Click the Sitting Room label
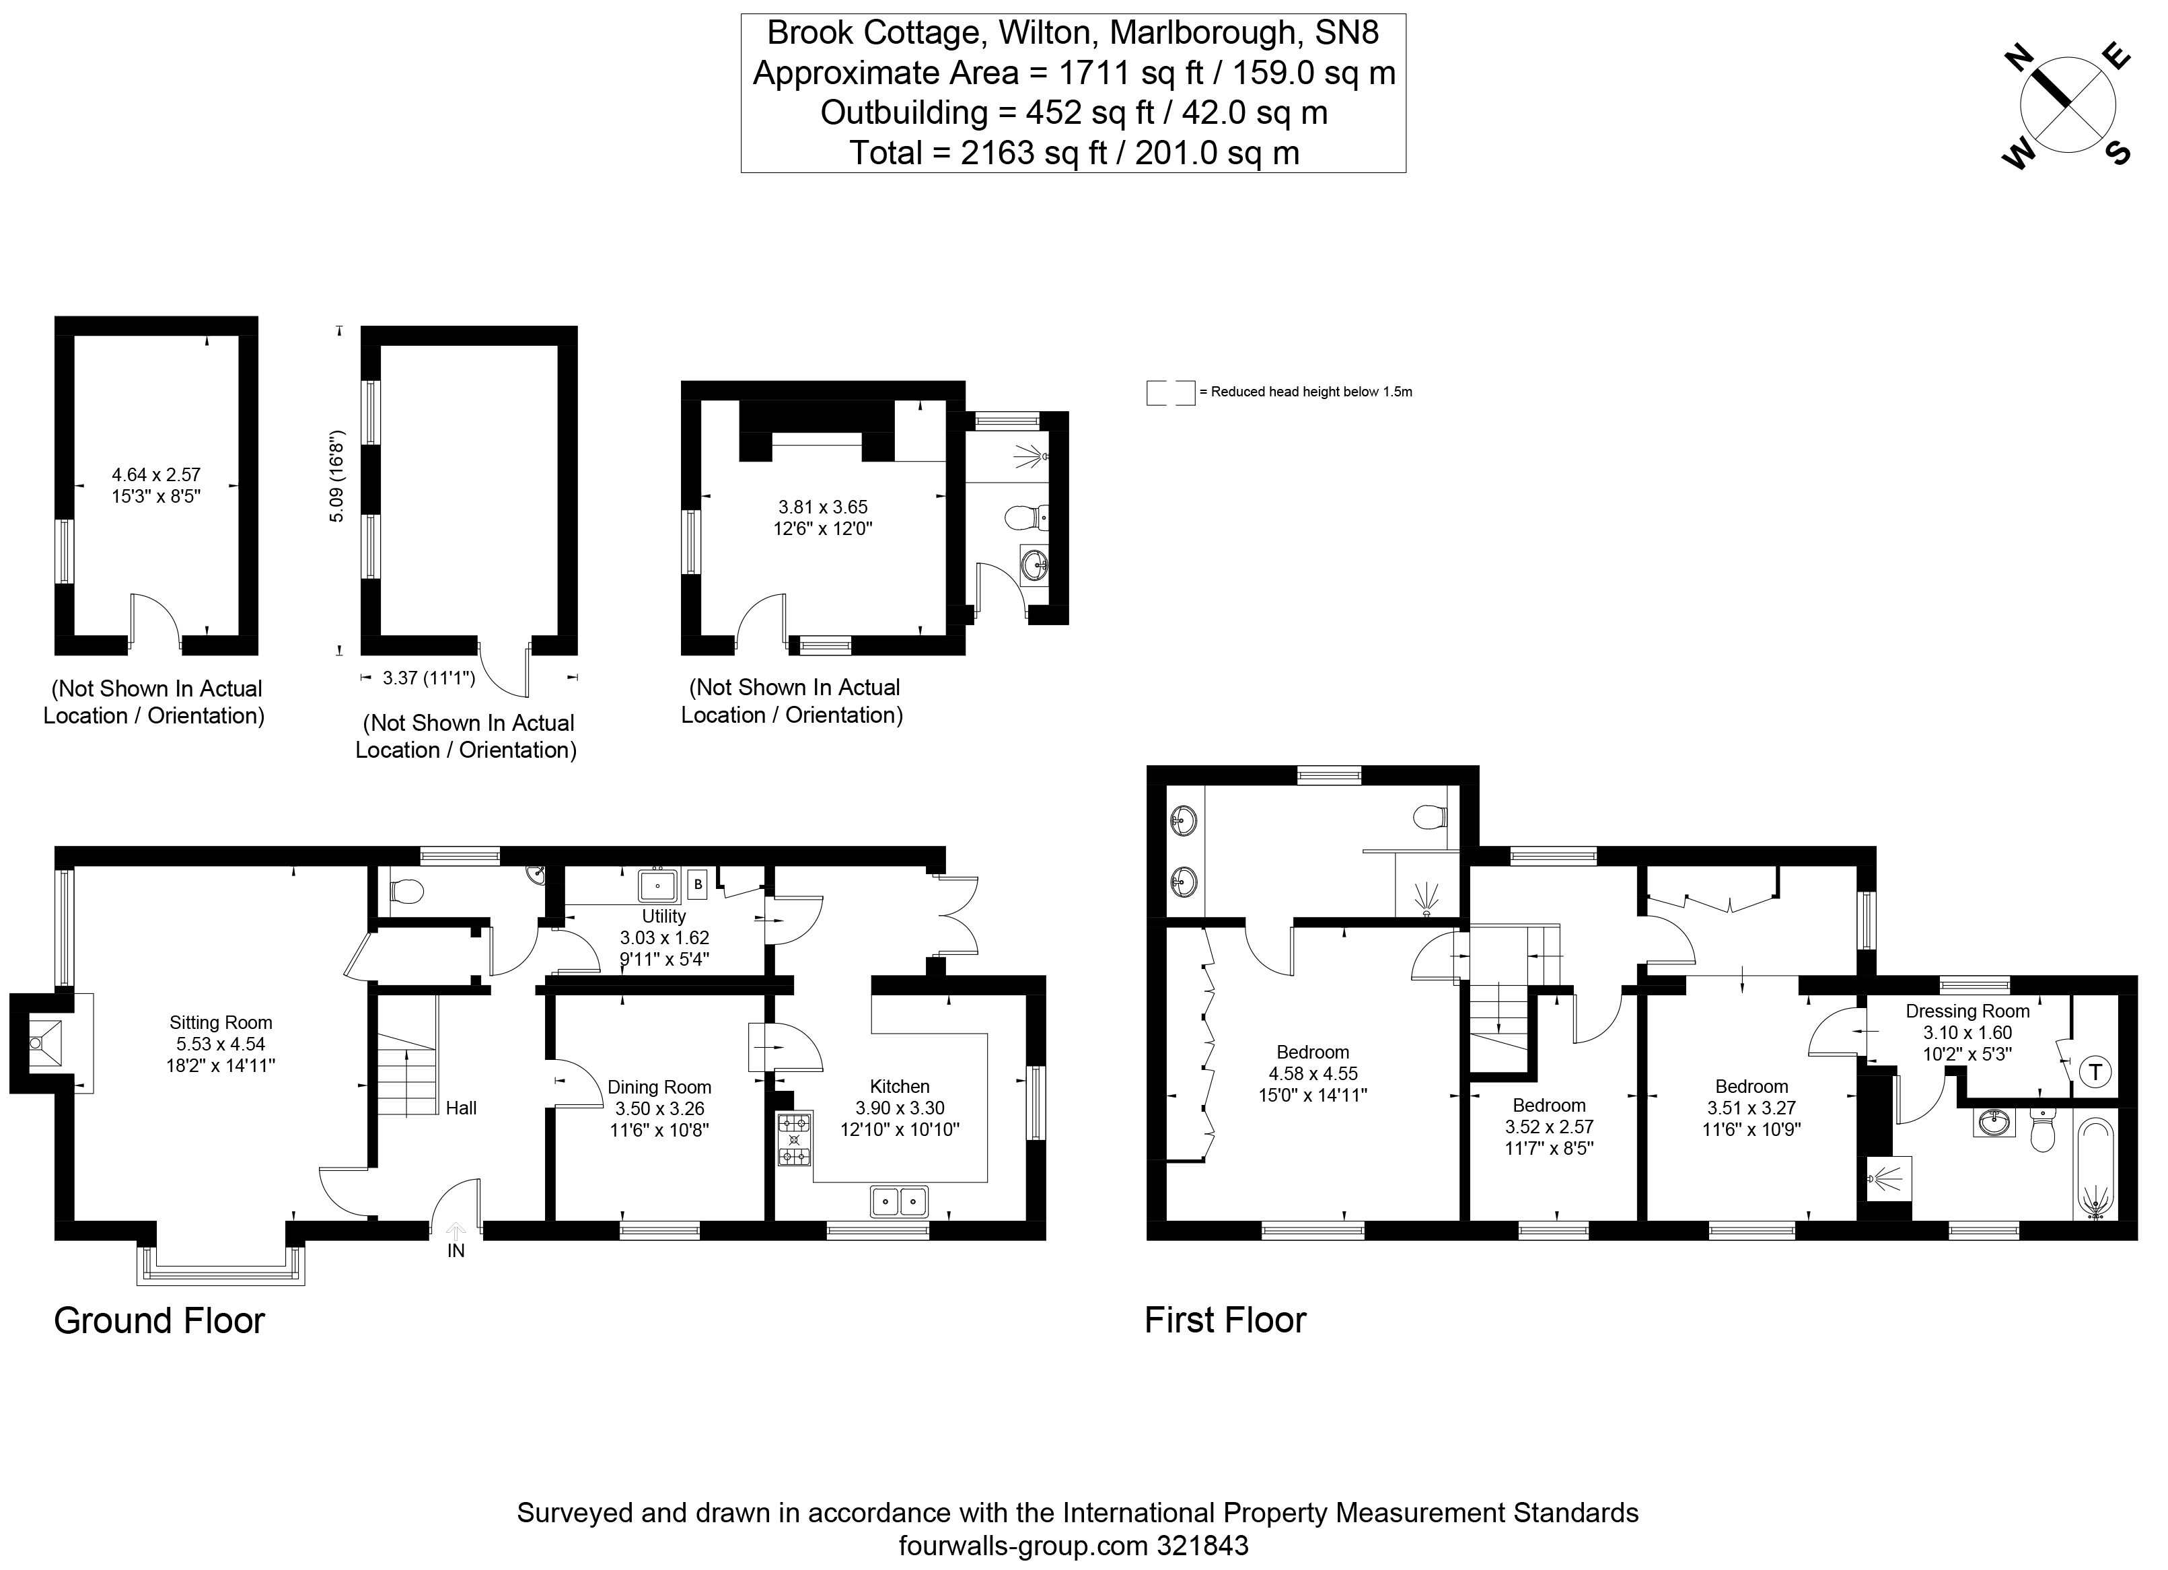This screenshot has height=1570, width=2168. coord(221,1022)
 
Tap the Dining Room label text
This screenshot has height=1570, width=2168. coord(659,1087)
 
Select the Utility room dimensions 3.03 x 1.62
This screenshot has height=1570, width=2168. coord(663,938)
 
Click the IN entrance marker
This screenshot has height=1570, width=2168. coord(456,1250)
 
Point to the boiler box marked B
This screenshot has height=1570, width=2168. coord(698,884)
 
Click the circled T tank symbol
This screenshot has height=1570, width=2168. coord(2095,1072)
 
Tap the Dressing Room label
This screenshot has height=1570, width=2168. coord(1967,1011)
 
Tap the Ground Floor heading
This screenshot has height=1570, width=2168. coord(159,1320)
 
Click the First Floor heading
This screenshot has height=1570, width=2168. coord(1225,1320)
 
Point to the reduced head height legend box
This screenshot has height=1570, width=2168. coord(1170,392)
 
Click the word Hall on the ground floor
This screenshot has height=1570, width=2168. coord(461,1108)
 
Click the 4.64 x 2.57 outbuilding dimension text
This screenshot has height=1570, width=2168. coord(156,474)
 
